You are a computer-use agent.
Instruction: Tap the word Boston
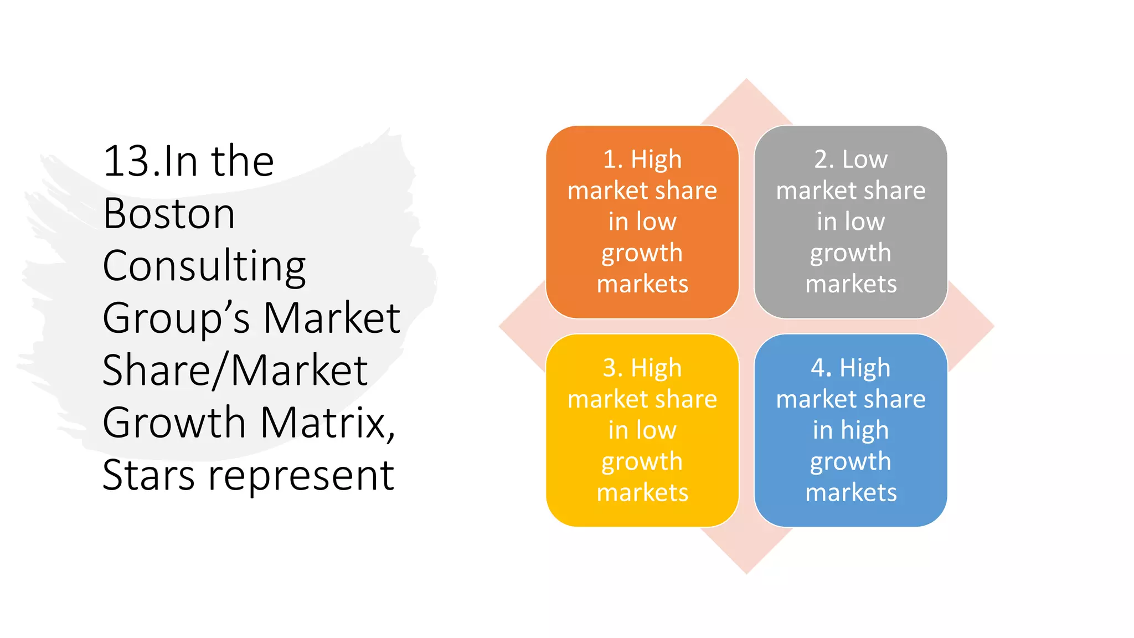[x=169, y=214]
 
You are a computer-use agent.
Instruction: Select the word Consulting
[x=204, y=266]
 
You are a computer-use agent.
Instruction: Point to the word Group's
[x=176, y=318]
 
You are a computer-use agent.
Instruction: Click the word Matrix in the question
[x=327, y=423]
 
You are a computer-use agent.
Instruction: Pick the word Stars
[x=148, y=475]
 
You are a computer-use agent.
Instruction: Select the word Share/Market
[x=235, y=371]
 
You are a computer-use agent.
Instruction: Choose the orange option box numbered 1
[x=642, y=222]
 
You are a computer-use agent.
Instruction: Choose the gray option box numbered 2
[x=850, y=222]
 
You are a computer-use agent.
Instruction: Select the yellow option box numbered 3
[x=642, y=430]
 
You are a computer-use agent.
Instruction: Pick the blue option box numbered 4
[x=850, y=430]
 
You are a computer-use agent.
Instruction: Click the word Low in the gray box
[x=865, y=159]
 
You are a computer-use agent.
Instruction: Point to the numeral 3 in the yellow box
[x=610, y=368]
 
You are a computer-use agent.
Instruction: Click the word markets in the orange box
[x=642, y=284]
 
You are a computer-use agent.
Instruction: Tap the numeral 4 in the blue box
[x=819, y=368]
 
